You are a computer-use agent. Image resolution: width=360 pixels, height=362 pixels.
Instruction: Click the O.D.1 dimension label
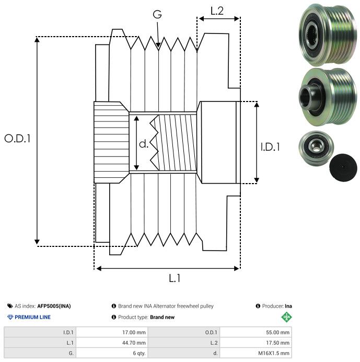pyautogui.click(x=17, y=139)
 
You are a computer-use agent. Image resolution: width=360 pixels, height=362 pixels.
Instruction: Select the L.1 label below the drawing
pyautogui.click(x=175, y=279)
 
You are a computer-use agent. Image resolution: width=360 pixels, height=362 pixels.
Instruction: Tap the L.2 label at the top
pyautogui.click(x=217, y=10)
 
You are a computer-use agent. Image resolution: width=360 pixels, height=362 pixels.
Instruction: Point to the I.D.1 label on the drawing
pyautogui.click(x=270, y=148)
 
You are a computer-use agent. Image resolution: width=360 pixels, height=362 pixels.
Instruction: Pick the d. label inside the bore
pyautogui.click(x=144, y=144)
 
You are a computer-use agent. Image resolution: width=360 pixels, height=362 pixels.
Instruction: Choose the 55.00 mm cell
pyautogui.click(x=277, y=332)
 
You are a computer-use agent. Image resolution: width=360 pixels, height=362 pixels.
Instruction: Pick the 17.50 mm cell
pyautogui.click(x=277, y=342)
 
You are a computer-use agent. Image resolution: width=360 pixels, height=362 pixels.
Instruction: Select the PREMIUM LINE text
pyautogui.click(x=32, y=317)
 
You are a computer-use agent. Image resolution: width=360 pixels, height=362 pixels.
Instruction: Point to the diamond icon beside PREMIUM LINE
pyautogui.click(x=10, y=317)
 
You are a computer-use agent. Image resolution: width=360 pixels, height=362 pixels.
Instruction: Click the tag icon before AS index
pyautogui.click(x=10, y=306)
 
